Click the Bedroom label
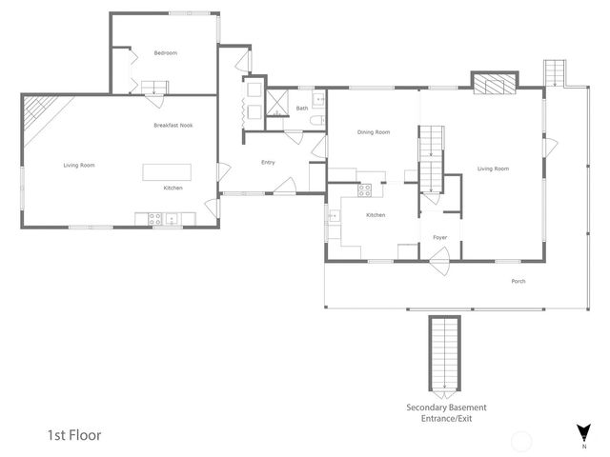coord(166,53)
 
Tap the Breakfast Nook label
coord(173,126)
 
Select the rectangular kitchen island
coord(167,172)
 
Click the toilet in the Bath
coord(318,120)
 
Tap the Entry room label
coord(268,163)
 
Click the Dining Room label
coord(373,132)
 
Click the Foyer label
coord(439,237)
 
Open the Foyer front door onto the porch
coord(439,257)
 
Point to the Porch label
coord(518,281)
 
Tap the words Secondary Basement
coord(445,408)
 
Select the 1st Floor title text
coord(74,435)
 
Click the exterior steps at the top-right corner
coord(555,72)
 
